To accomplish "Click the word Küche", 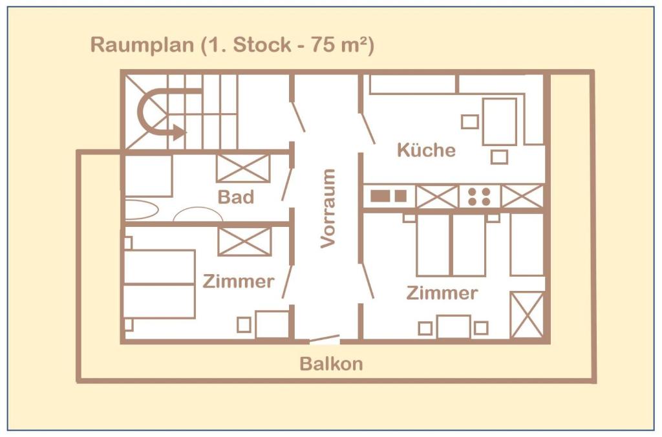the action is (426, 150).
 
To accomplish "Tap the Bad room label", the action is (235, 197).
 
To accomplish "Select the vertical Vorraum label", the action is (328, 208).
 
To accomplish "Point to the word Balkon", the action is (331, 363).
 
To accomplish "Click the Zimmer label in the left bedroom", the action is (239, 281).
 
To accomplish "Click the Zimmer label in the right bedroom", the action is (442, 293).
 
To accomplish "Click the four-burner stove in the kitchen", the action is (479, 197).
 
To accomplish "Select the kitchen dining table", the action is (500, 122).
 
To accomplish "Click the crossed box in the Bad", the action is (243, 168).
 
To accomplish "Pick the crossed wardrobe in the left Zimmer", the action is (244, 241).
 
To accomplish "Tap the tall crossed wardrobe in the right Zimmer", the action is (526, 315).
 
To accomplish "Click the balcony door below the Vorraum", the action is (325, 339).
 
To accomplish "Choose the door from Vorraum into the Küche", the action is (367, 129).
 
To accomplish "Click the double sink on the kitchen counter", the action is (389, 196).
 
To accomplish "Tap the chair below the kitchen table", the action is (499, 157).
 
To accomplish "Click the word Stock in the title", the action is (262, 45).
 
